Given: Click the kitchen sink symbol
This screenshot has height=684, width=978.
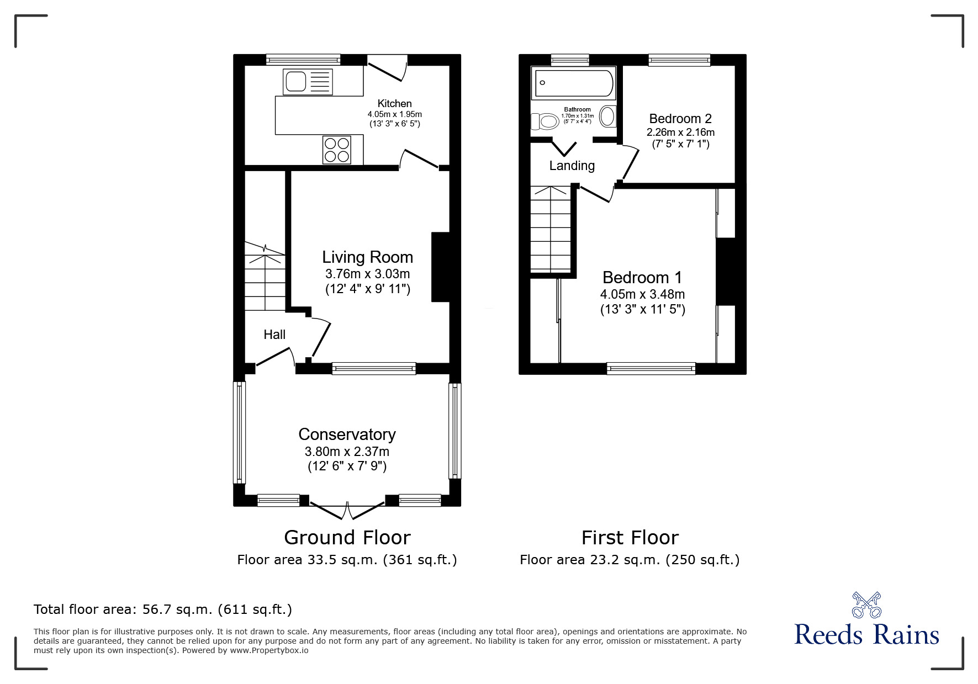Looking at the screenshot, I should click(x=308, y=82).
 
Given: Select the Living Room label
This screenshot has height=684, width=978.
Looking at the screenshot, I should click(x=367, y=257).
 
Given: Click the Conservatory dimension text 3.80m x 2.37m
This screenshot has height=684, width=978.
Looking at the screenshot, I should click(x=347, y=452).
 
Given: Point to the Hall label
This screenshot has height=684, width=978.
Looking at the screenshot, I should click(x=274, y=335).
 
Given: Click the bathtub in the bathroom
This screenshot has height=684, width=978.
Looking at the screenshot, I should click(x=573, y=83).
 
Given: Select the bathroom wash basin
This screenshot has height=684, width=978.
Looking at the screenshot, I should click(x=607, y=117).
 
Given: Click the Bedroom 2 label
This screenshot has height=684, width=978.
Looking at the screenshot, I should click(x=680, y=119).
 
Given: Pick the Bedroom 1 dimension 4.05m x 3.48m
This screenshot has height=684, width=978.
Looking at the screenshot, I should click(x=642, y=294).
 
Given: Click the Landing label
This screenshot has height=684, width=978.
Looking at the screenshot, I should click(x=572, y=166).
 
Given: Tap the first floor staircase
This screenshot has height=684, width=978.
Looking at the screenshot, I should click(x=550, y=229).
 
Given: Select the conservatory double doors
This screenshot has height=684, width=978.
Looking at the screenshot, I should click(x=347, y=510).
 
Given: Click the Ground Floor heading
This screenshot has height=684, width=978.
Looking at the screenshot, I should click(x=347, y=537).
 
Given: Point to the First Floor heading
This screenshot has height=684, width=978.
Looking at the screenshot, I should click(x=630, y=537).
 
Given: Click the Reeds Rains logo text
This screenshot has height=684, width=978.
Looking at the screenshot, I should click(x=866, y=635).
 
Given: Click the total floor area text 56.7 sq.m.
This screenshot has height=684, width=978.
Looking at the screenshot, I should click(x=163, y=609).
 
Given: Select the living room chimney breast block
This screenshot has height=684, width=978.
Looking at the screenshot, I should click(x=440, y=267).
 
